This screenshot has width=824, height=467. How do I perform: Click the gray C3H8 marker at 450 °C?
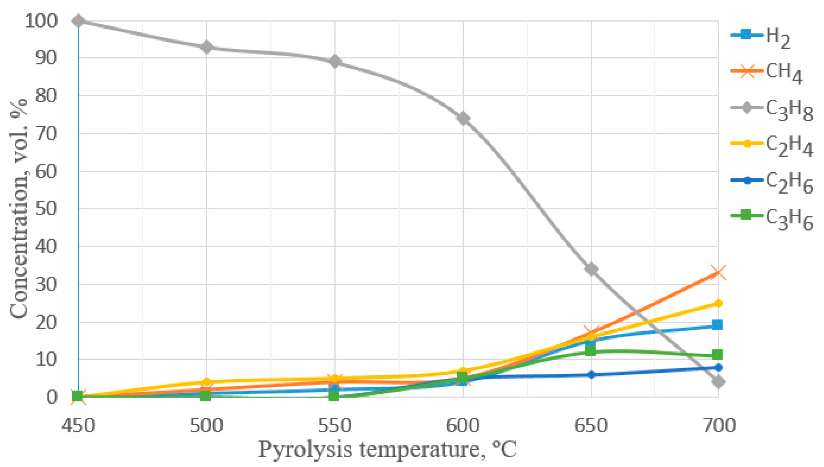[78, 21]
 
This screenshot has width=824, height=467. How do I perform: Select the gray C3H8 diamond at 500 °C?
[207, 48]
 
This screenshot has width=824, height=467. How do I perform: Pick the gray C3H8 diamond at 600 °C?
[463, 118]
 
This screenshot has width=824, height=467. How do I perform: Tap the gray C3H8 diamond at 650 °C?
[591, 269]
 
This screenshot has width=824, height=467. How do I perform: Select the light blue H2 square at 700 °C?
[718, 325]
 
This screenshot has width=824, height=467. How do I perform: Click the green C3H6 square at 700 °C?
[718, 355]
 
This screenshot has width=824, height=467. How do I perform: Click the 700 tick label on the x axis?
[719, 426]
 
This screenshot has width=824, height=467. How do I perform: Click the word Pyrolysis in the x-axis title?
[305, 450]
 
